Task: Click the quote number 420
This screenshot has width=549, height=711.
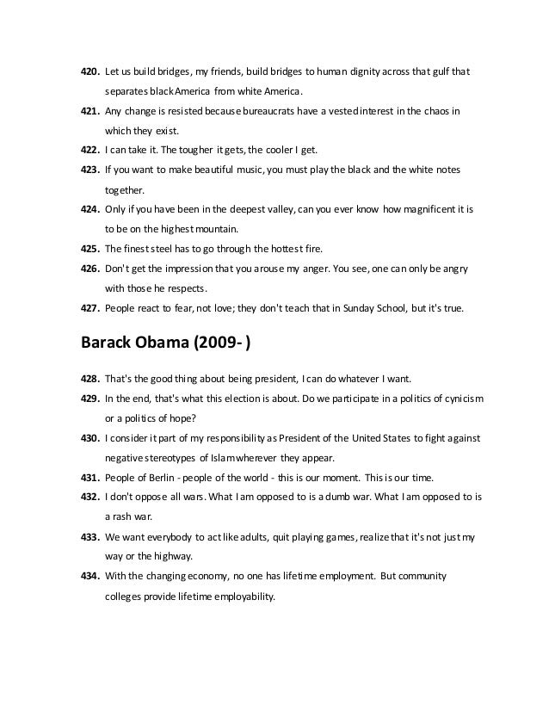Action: [x=89, y=71]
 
